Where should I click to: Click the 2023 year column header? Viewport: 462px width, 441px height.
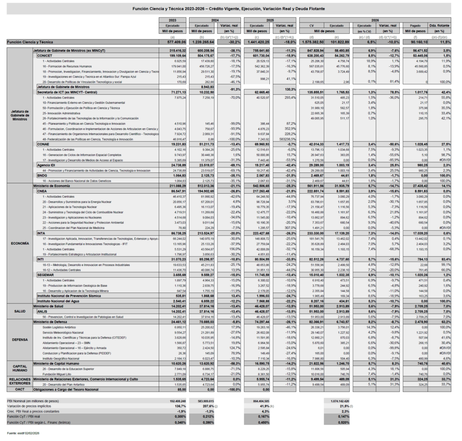(172, 20)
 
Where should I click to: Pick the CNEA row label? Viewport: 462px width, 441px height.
(42, 191)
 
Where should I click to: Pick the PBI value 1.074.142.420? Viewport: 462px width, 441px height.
(337, 400)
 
